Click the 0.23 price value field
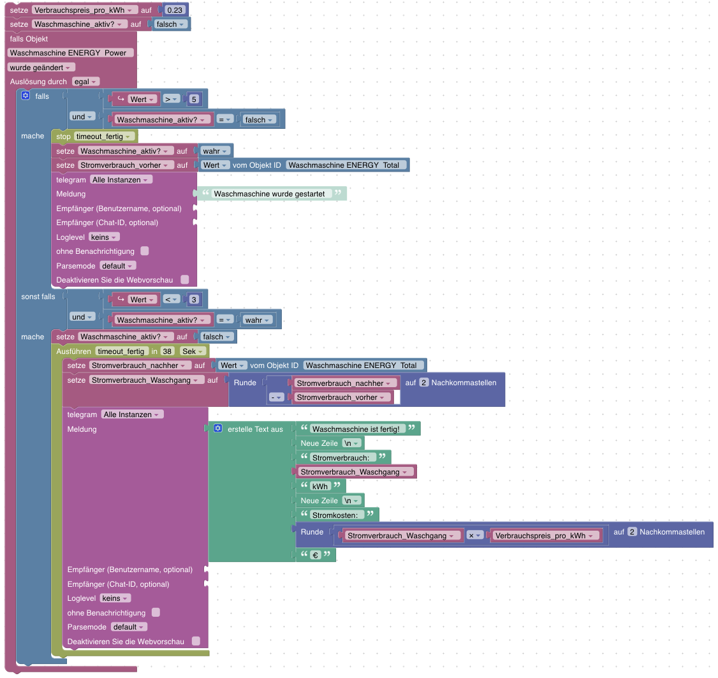click(x=175, y=10)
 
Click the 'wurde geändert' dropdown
click(x=41, y=68)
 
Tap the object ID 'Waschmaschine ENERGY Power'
click(x=71, y=53)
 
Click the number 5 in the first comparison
click(x=193, y=99)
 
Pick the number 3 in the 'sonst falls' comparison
click(x=193, y=300)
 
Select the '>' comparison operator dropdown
click(x=170, y=99)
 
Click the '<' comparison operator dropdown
click(x=170, y=300)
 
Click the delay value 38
click(x=168, y=351)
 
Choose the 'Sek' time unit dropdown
click(x=193, y=351)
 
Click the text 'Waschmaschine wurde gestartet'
click(x=269, y=194)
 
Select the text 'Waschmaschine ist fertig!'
click(x=356, y=429)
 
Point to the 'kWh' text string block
click(x=320, y=486)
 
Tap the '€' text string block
click(x=315, y=556)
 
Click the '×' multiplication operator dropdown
click(x=475, y=536)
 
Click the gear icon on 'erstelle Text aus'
click(x=218, y=429)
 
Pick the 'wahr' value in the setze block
click(x=213, y=151)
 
